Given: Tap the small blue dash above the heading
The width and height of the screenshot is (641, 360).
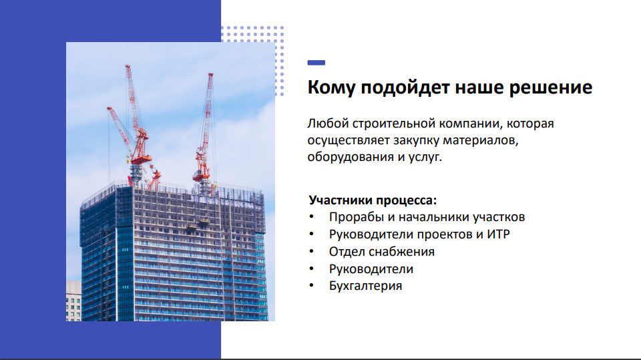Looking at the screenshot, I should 316,63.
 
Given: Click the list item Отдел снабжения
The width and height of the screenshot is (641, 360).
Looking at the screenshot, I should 381,252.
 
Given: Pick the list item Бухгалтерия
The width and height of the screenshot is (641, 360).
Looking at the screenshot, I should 365,286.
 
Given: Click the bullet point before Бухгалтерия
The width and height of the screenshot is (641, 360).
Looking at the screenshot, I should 311,286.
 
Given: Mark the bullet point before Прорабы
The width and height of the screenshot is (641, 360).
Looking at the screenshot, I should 311,217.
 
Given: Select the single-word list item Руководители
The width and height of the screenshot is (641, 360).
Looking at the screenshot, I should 371,269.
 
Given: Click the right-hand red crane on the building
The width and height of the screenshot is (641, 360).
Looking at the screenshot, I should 204,134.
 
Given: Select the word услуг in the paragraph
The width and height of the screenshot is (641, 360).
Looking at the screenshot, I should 427,158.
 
